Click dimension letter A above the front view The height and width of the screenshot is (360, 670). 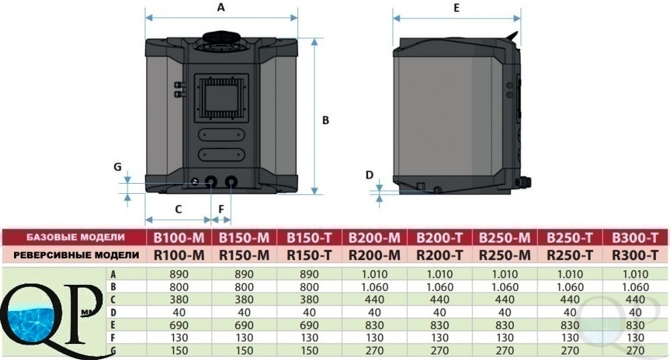pos(221,7)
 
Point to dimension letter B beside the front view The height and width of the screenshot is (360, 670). pos(326,121)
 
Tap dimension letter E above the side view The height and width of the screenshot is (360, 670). pos(456,7)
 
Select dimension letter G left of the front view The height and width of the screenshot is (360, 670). pos(117,167)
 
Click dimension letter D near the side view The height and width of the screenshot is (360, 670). pos(370,174)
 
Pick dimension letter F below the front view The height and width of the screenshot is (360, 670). pos(221,209)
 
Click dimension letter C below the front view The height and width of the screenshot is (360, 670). pos(179,209)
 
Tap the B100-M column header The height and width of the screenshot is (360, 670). pos(179,237)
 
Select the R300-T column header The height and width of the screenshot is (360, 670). pos(635,255)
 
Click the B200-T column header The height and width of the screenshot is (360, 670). pos(440,237)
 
